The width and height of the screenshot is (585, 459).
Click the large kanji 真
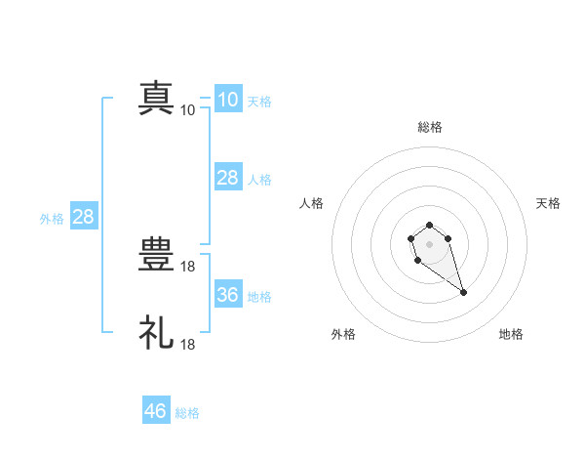coord(157,99)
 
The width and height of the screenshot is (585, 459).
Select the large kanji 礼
coord(157,332)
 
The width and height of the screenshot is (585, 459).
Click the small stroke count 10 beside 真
coord(188,110)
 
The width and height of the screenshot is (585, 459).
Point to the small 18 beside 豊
coord(189,266)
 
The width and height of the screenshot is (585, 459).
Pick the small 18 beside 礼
coord(189,344)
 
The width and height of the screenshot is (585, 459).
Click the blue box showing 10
coord(227,100)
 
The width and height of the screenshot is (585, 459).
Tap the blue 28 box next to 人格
coord(227,178)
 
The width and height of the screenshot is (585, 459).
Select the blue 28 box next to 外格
coord(83,217)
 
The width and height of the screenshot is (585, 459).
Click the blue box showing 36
coord(227,295)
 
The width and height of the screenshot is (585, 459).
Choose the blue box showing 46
coord(156,411)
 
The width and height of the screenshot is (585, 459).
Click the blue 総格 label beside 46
coord(187,413)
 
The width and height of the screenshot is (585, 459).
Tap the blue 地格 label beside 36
coord(259,297)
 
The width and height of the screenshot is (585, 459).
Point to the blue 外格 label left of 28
coord(52,219)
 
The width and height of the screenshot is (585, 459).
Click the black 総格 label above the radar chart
coord(430,127)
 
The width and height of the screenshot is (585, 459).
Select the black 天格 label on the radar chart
coord(548,203)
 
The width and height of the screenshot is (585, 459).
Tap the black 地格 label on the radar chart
coord(511,334)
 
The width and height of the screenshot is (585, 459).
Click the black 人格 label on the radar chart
coord(312,203)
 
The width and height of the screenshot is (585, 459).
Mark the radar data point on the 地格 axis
coord(463,292)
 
